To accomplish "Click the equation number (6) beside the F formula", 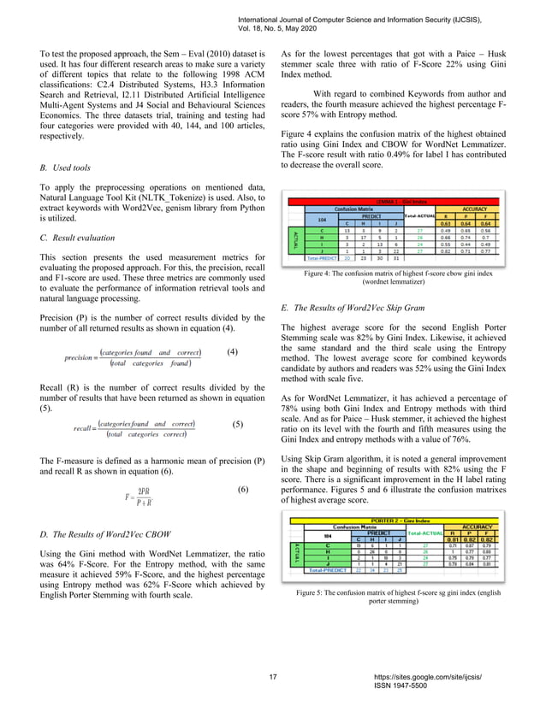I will pos(243,490).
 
